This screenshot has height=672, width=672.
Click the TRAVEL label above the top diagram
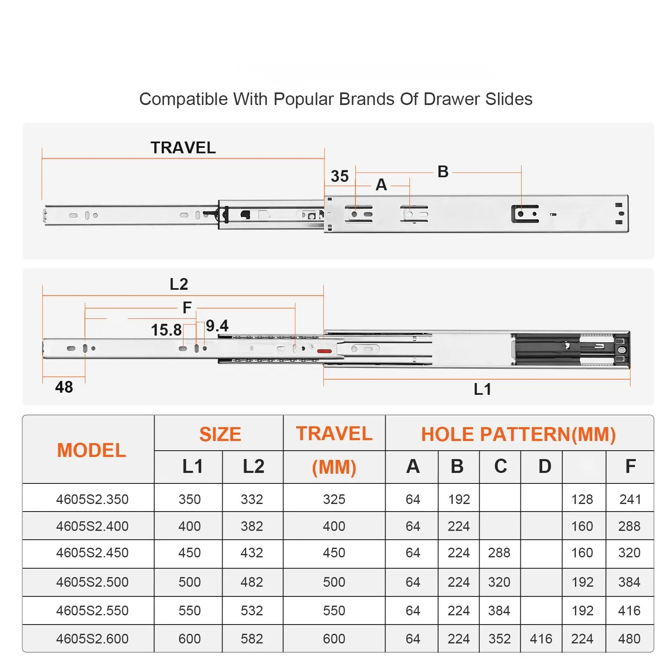(183, 148)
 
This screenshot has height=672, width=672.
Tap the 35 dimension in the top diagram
(339, 176)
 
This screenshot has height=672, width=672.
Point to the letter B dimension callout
(443, 172)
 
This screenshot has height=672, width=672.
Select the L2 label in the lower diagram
(178, 284)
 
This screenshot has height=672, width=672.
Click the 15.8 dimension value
(166, 330)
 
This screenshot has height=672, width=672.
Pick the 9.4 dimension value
(217, 326)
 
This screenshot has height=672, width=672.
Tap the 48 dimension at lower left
(64, 387)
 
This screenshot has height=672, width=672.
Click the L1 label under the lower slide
(482, 389)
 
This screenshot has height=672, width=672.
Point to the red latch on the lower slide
(324, 351)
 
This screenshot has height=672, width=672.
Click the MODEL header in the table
(92, 450)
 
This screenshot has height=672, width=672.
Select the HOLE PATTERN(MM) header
(518, 434)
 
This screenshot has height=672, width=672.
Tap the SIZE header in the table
(220, 434)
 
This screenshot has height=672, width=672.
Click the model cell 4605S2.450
(92, 553)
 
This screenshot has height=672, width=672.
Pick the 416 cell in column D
(541, 639)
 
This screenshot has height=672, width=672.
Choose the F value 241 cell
(630, 499)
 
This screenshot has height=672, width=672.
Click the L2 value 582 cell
(252, 639)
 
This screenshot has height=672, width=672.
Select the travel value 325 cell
(334, 499)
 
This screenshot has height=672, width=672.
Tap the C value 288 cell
(499, 553)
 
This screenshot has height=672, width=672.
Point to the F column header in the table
(630, 467)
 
